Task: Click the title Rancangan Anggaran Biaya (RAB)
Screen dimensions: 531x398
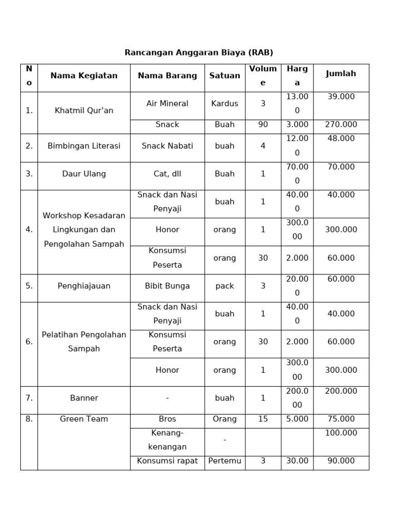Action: click(198, 52)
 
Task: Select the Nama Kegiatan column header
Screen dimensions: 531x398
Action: click(83, 76)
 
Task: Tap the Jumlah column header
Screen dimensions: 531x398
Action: click(340, 74)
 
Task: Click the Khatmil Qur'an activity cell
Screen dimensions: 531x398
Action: click(83, 110)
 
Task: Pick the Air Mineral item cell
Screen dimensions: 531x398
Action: click(167, 103)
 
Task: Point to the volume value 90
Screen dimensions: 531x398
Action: click(263, 124)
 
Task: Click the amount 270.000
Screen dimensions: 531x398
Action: click(340, 124)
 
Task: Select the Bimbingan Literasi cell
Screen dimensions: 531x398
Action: click(83, 146)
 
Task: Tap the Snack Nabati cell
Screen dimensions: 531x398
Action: click(167, 146)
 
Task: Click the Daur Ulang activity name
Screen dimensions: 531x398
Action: click(83, 174)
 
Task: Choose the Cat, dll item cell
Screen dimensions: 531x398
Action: click(167, 174)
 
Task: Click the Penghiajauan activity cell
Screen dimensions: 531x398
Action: click(83, 286)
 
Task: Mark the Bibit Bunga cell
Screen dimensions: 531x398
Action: click(167, 286)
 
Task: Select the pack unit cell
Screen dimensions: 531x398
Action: click(224, 286)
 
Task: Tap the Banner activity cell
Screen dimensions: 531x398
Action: click(83, 398)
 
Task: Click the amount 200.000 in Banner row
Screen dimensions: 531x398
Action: click(340, 391)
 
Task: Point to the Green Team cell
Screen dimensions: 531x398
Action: click(83, 419)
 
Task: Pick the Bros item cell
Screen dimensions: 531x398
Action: click(167, 419)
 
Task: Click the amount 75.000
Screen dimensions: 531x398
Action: click(340, 419)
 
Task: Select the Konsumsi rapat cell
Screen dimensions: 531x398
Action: click(167, 460)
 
